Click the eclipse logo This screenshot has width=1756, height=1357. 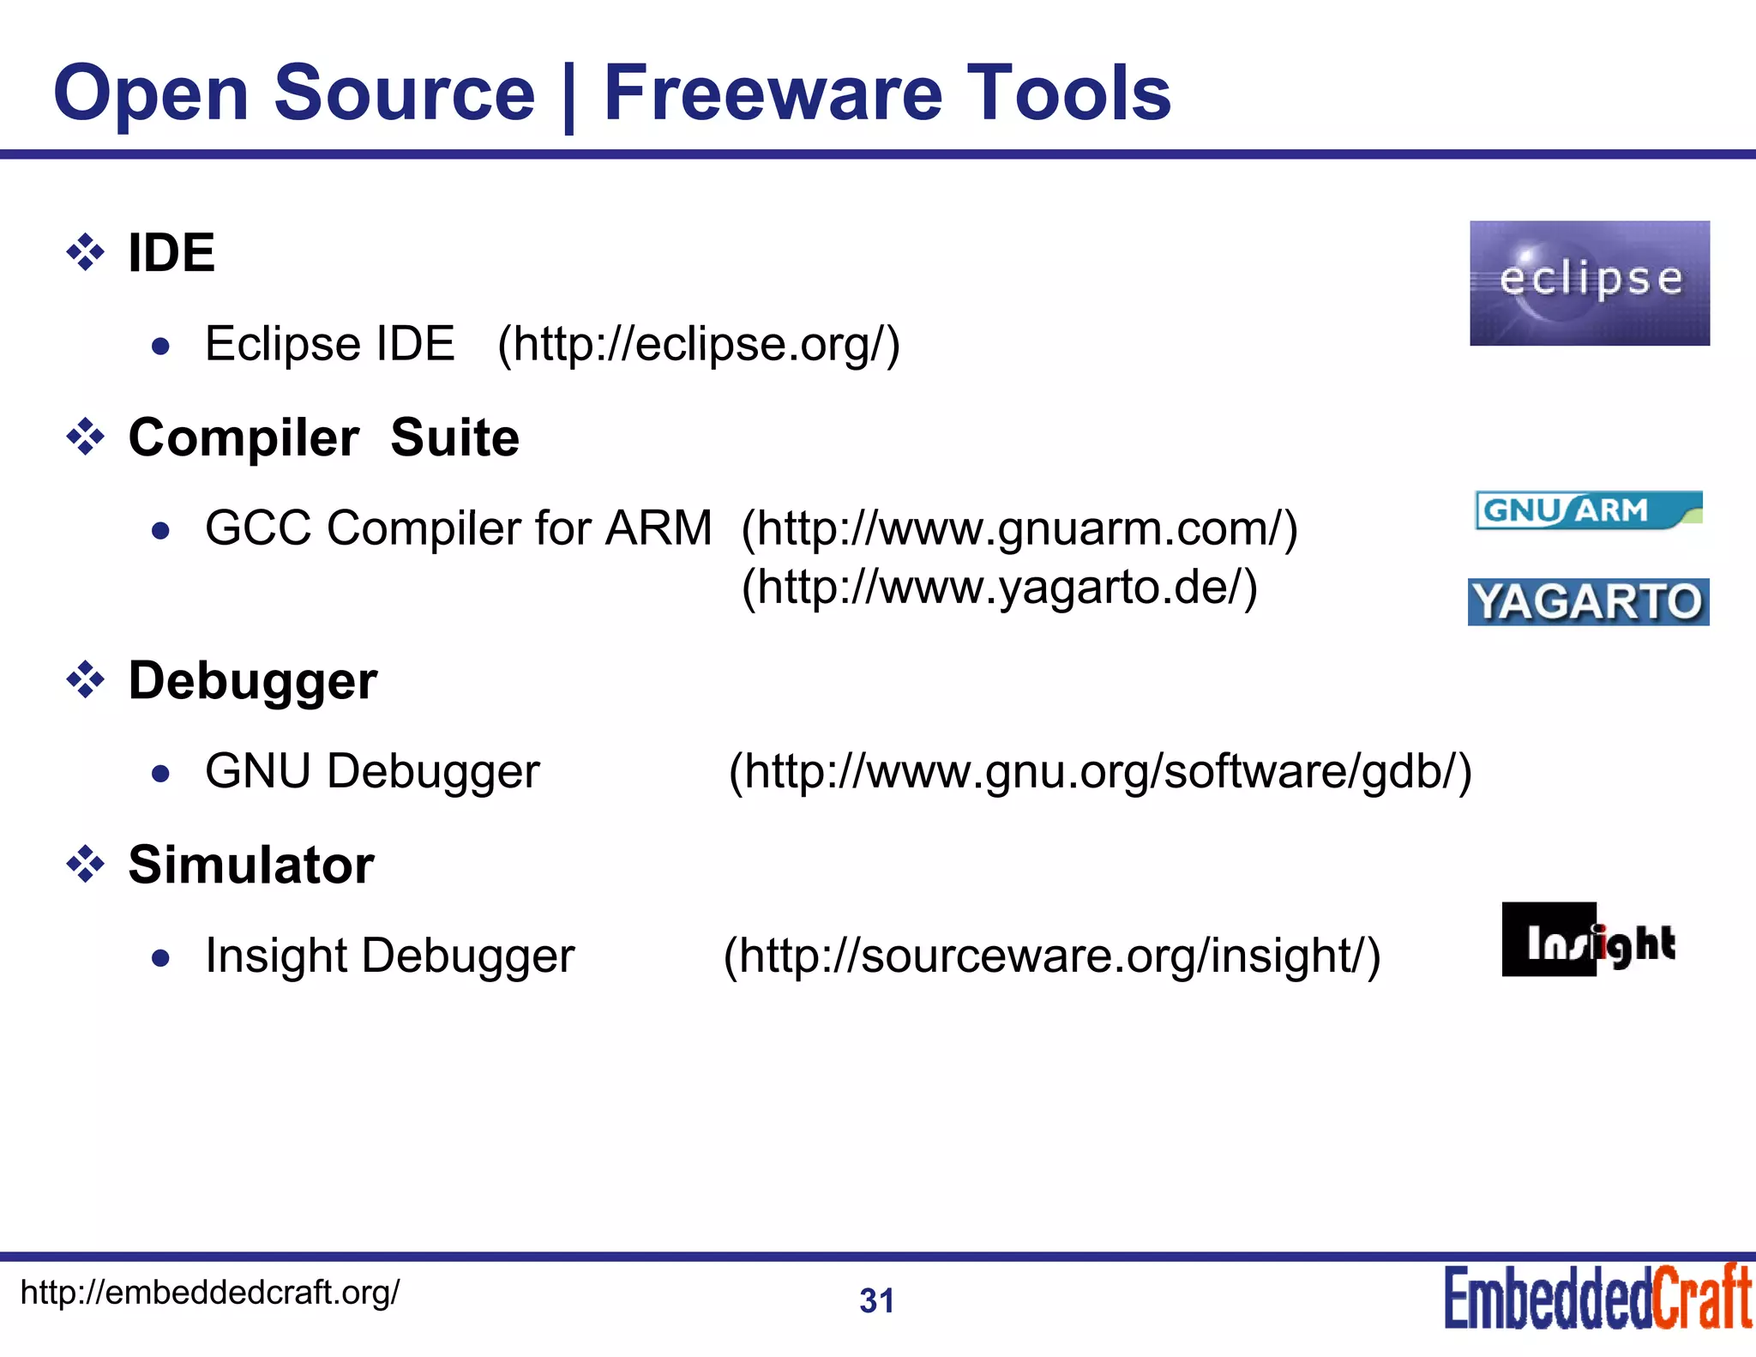(1589, 283)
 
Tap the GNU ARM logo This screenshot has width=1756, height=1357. (1588, 510)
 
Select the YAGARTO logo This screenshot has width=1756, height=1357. (1588, 602)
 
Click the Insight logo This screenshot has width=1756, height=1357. (1589, 940)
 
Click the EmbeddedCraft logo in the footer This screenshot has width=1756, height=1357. (1597, 1298)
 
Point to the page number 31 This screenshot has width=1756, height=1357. (876, 1301)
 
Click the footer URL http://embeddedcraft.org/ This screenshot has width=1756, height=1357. (209, 1292)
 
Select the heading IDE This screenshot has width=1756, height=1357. (171, 253)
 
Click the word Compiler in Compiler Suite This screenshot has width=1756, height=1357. (244, 438)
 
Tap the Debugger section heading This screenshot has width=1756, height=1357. (252, 681)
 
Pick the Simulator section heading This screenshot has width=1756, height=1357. (250, 865)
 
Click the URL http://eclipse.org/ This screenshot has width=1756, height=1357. (699, 344)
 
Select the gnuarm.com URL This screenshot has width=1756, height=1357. (1019, 528)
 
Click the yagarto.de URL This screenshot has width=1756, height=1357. (999, 588)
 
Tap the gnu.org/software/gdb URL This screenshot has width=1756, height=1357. (1099, 771)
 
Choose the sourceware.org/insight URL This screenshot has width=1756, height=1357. (1052, 956)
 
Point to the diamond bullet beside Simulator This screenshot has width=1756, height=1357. (86, 864)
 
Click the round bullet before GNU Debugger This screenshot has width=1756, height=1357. (160, 775)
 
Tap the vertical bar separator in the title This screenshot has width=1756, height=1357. (568, 96)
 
